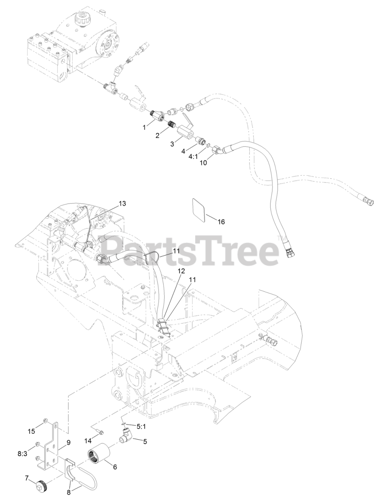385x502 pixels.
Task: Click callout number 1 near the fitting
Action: pos(145,127)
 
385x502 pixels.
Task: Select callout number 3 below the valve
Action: pos(172,144)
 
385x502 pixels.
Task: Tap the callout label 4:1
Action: pos(193,156)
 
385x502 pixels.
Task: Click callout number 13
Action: pos(123,203)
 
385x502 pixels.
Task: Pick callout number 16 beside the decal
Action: pos(221,222)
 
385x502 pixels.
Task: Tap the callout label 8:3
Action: pos(23,454)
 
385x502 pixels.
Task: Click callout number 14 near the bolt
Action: pos(88,441)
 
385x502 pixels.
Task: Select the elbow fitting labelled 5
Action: pos(126,434)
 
